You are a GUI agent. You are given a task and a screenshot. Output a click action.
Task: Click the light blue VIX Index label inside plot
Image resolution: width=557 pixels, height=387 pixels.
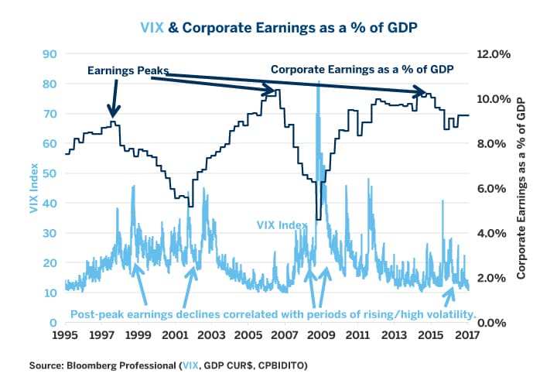point(282,224)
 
